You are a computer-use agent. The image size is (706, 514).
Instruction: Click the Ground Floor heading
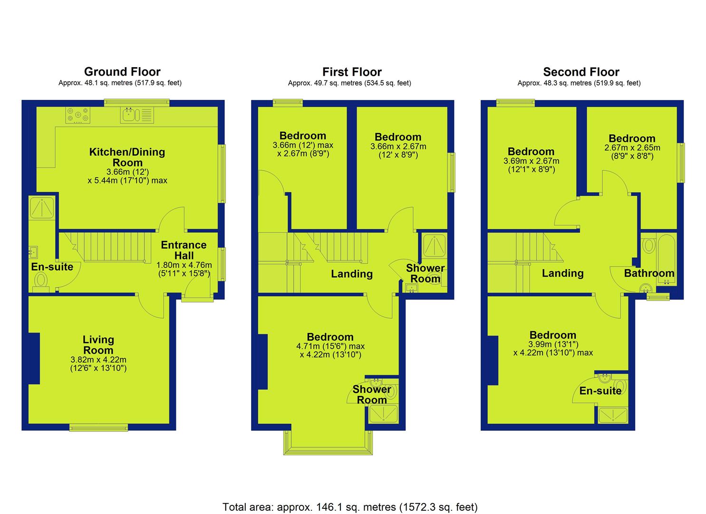(122, 72)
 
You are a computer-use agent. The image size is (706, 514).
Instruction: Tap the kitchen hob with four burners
(78, 115)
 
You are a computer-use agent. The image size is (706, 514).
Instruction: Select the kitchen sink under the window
(137, 115)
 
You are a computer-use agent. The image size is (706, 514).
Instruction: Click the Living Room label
(98, 345)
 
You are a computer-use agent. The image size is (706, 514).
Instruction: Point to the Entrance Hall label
(184, 250)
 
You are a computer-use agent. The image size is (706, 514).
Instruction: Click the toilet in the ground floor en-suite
(41, 282)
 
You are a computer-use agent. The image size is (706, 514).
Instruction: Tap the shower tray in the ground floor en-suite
(42, 208)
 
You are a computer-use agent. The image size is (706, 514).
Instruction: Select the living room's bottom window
(99, 427)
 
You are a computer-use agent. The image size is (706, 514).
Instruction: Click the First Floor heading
(352, 72)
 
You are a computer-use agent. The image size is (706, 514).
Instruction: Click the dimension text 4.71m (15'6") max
(330, 346)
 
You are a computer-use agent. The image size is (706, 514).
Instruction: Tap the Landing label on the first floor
(352, 274)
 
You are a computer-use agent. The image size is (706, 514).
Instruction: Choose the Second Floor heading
(581, 72)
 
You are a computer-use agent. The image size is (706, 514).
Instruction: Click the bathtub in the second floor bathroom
(666, 260)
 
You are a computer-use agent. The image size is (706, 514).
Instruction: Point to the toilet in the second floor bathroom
(648, 245)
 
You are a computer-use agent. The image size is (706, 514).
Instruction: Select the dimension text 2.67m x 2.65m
(632, 148)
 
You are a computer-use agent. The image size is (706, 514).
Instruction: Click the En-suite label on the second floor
(600, 391)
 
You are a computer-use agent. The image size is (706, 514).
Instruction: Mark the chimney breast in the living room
(34, 358)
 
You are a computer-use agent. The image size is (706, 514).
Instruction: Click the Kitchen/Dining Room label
(127, 157)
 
